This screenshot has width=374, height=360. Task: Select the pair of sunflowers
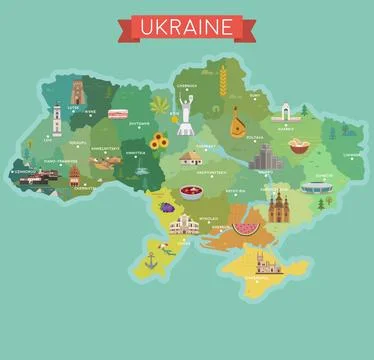coord(158,142)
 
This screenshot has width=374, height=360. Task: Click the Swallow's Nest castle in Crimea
coord(266,262)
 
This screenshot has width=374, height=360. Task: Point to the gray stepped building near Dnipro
coord(263,158)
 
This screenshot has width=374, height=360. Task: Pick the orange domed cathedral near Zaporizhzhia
coord(278,207)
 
